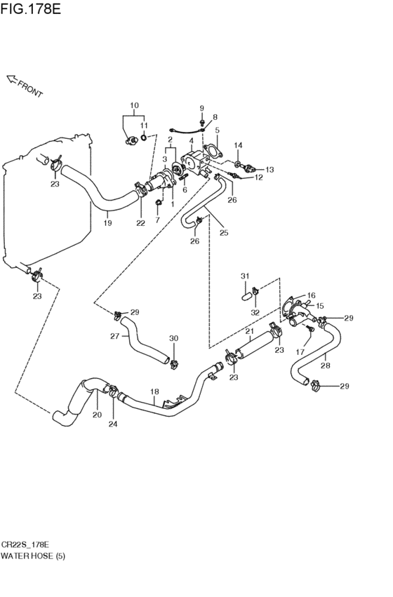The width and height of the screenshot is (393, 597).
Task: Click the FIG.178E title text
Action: coord(30,8)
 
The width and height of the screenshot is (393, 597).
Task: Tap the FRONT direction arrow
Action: coord(13,79)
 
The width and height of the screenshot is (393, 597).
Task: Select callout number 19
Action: coord(108,222)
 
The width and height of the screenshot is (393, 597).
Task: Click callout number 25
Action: coord(224,232)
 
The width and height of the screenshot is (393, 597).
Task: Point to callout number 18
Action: coord(154,391)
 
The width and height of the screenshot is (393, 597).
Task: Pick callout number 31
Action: coord(244,276)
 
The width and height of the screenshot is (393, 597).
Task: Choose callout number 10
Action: coord(134,105)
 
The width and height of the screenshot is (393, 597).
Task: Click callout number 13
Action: coord(269,170)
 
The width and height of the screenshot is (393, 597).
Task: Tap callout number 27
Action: coord(114,336)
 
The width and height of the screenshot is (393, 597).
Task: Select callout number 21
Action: coord(249,331)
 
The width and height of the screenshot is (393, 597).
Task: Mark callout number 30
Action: coord(173,338)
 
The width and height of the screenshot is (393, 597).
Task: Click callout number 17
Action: coord(300,352)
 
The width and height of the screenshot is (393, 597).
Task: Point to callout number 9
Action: coord(202,109)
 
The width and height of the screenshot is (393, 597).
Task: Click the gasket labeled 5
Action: coord(213,151)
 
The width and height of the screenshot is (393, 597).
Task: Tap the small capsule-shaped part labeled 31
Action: coord(246,295)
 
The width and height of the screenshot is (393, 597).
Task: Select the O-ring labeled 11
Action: coord(144,137)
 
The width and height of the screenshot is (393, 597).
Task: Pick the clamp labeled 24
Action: coord(113,390)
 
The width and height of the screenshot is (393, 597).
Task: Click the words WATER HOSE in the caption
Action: coord(27,556)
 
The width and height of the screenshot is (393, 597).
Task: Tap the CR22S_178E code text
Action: coord(25,544)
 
